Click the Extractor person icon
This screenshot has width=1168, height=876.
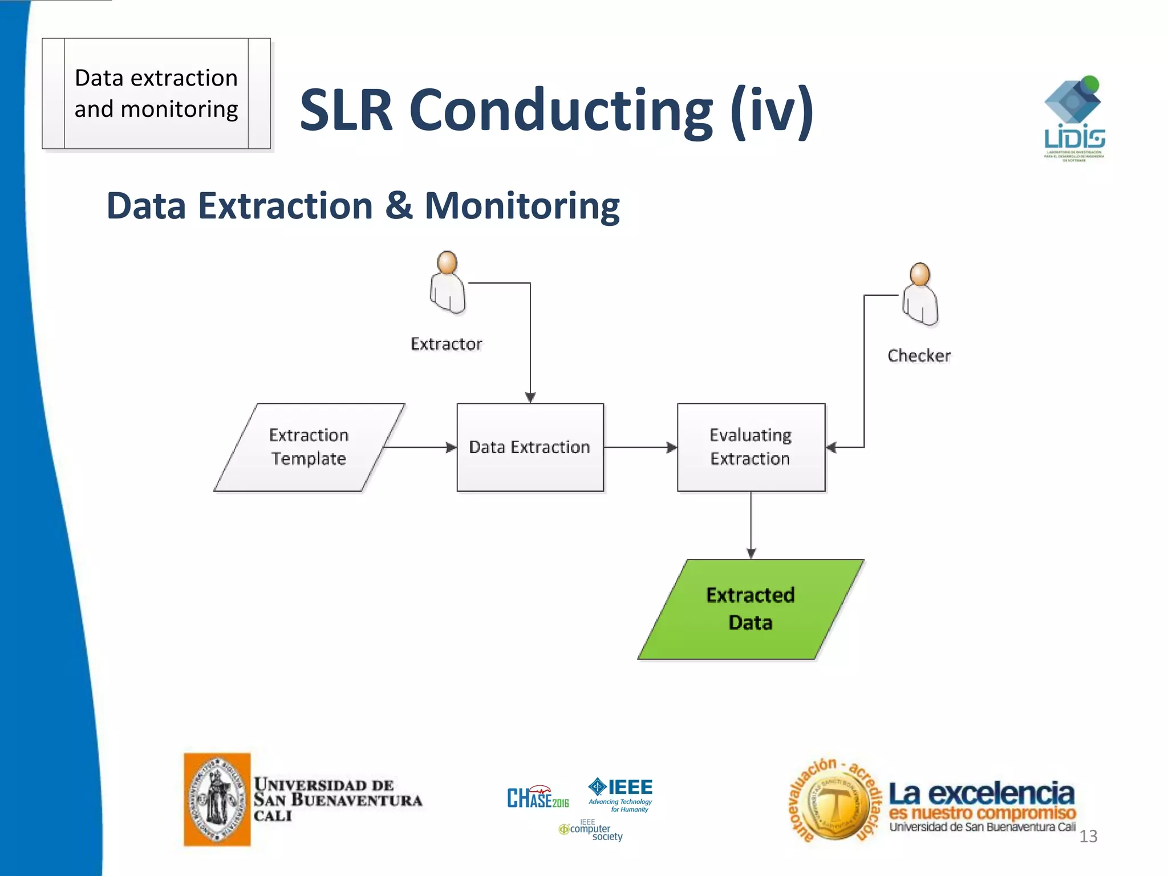click(x=448, y=283)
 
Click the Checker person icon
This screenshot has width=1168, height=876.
click(x=920, y=295)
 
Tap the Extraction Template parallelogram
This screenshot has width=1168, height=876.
click(x=309, y=447)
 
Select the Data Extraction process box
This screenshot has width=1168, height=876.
click(x=530, y=447)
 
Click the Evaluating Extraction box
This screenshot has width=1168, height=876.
click(x=751, y=447)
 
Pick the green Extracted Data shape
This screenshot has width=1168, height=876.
click(x=751, y=609)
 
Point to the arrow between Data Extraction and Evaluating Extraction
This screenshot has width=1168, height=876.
click(x=640, y=447)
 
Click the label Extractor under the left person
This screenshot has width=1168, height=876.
click(x=447, y=344)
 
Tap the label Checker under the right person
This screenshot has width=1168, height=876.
click(x=919, y=356)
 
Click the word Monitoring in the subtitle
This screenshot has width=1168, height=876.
click(x=522, y=206)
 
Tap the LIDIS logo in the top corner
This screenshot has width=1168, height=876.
click(x=1074, y=119)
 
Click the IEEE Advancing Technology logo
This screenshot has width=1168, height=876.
click(x=620, y=794)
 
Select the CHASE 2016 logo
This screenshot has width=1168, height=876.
click(x=538, y=797)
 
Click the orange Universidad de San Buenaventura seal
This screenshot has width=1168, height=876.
click(x=217, y=799)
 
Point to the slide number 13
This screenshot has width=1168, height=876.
click(x=1088, y=836)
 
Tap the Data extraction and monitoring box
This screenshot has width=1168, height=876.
click(x=156, y=94)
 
